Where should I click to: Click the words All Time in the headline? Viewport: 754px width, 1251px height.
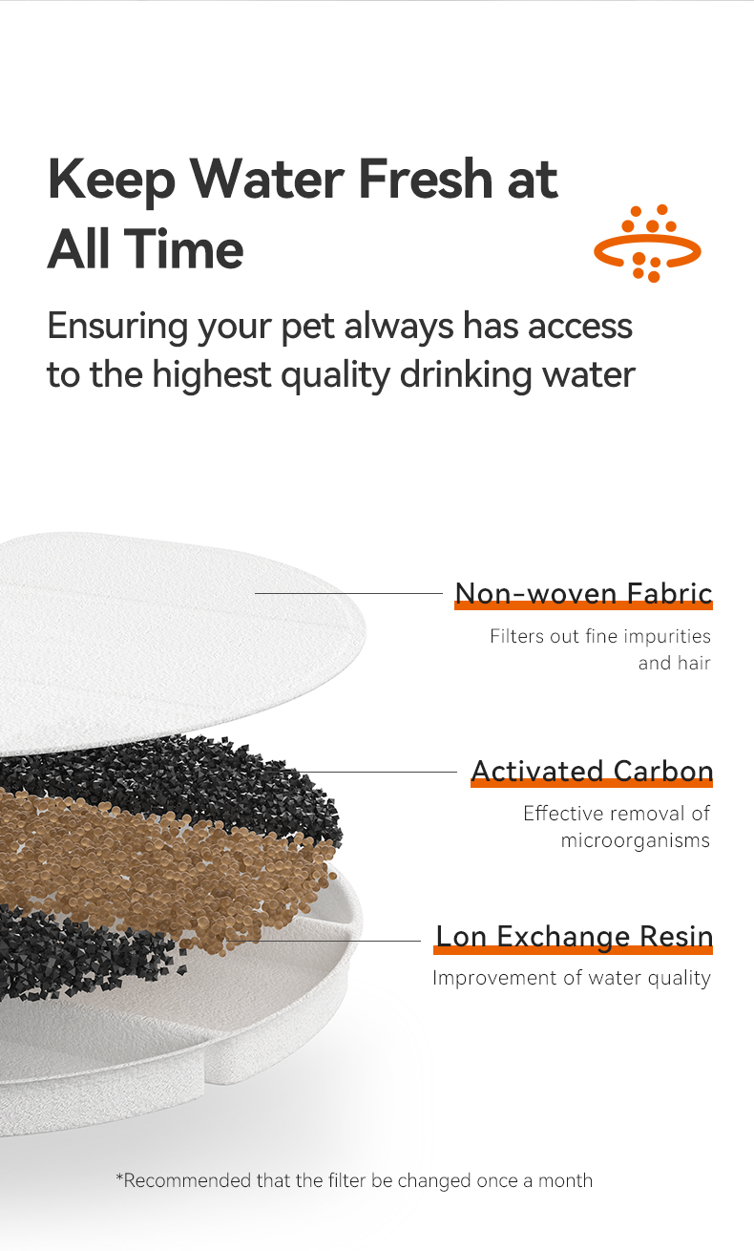click(x=145, y=249)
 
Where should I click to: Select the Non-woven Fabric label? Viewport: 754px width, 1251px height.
click(x=583, y=593)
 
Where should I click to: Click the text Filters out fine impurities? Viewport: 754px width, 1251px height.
click(x=599, y=636)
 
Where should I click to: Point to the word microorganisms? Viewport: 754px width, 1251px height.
click(x=635, y=840)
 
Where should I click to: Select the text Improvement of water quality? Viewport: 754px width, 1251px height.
click(x=571, y=978)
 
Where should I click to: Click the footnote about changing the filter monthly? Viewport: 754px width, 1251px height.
click(x=354, y=1180)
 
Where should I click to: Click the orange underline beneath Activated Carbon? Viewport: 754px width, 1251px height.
click(x=592, y=784)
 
